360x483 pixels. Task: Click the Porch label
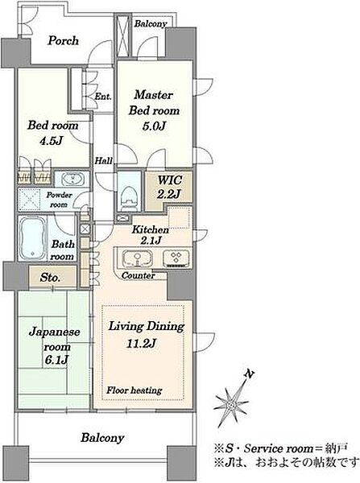pyautogui.click(x=63, y=41)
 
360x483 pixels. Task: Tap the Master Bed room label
pyautogui.click(x=154, y=102)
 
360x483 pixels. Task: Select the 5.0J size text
pyautogui.click(x=154, y=126)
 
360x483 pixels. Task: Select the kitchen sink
pyautogui.click(x=138, y=258)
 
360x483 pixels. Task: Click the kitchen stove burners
pyautogui.click(x=176, y=258)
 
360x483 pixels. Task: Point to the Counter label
pyautogui.click(x=138, y=275)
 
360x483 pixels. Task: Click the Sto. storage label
pyautogui.click(x=50, y=278)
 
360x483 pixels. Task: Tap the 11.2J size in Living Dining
pyautogui.click(x=141, y=343)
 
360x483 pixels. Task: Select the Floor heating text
pyautogui.click(x=134, y=390)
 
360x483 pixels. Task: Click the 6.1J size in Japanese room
pyautogui.click(x=56, y=360)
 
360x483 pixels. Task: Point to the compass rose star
pyautogui.click(x=230, y=404)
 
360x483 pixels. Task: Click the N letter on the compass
pyautogui.click(x=250, y=374)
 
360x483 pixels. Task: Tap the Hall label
pyautogui.click(x=103, y=160)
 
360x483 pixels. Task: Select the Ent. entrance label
pyautogui.click(x=103, y=97)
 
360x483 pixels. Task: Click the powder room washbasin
pyautogui.click(x=72, y=179)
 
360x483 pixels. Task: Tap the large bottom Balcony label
pyautogui.click(x=102, y=438)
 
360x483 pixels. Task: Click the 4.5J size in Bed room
pyautogui.click(x=52, y=141)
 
